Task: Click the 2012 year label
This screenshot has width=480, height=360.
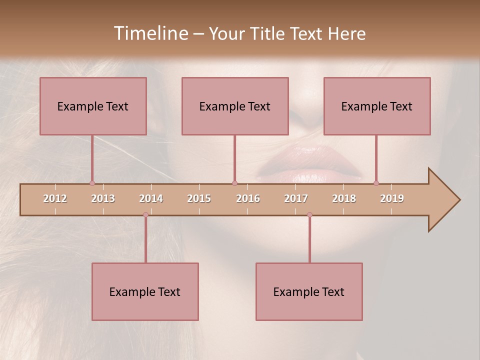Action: [x=55, y=198]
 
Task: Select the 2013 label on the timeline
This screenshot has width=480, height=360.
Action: [x=103, y=198]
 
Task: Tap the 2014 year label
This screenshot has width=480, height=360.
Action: [x=151, y=198]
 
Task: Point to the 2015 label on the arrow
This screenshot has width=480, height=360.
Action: [x=199, y=198]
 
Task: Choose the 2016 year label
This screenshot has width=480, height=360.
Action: [x=248, y=198]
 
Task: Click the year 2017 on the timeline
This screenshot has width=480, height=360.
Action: [x=296, y=198]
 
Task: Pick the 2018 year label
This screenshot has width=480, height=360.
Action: [x=344, y=198]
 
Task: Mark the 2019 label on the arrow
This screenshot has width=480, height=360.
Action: [x=392, y=198]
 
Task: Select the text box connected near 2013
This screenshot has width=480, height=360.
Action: [x=93, y=106]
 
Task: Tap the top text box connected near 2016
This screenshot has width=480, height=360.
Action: [x=235, y=106]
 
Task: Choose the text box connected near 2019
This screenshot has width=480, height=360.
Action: [x=377, y=106]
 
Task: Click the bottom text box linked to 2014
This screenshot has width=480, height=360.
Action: [x=145, y=291]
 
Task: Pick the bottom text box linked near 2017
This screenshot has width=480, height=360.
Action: [x=309, y=291]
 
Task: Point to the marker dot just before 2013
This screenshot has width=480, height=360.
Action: [x=92, y=183]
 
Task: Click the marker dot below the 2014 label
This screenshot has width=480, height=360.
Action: [x=145, y=214]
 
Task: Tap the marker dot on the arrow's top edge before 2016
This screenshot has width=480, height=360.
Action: [x=234, y=183]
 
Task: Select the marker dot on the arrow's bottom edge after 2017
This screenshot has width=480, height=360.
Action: [x=309, y=214]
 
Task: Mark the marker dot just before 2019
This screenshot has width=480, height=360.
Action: [x=376, y=183]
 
